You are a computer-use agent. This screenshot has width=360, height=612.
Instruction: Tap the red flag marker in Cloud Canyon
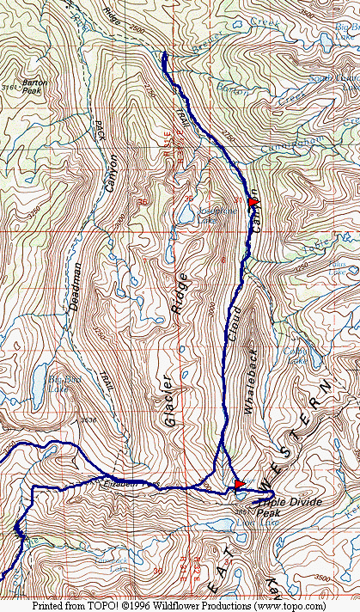[253, 202]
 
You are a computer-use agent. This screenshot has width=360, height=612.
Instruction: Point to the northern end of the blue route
[164, 55]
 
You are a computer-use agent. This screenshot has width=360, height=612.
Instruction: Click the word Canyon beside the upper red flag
[256, 229]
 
